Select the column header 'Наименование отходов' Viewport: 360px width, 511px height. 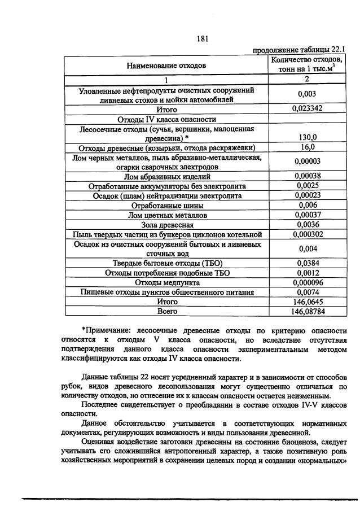click(x=166, y=65)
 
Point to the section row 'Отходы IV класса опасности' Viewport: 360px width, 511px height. click(x=166, y=119)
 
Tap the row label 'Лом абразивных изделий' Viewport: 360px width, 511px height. click(x=166, y=176)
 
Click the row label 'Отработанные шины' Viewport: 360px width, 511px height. click(x=166, y=206)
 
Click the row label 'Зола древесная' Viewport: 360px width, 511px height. click(x=166, y=225)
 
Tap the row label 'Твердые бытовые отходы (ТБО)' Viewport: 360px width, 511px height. click(x=166, y=263)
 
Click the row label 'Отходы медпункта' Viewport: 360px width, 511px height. click(x=166, y=282)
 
